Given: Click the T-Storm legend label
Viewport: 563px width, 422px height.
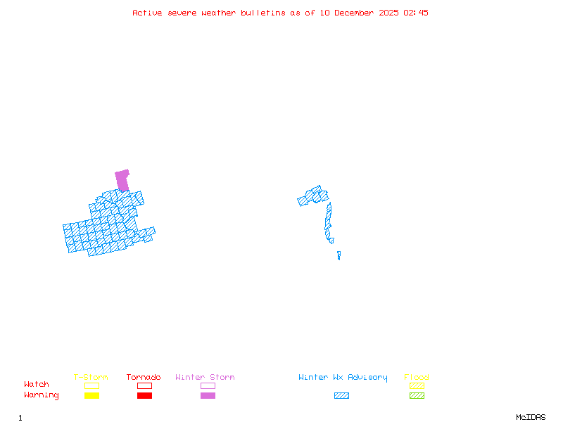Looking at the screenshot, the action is click(91, 378).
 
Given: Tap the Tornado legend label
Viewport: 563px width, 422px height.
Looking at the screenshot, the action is click(144, 378).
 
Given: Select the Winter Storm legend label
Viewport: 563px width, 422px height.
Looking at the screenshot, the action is click(205, 378).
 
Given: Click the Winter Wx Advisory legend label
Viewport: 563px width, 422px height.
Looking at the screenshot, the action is click(343, 378).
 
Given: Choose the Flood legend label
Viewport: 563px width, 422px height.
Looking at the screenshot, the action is click(417, 378).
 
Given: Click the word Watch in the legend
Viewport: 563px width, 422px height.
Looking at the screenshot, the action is click(37, 385).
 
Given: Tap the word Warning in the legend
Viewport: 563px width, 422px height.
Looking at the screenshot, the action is click(42, 395).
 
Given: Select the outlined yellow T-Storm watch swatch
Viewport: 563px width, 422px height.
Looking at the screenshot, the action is click(91, 385).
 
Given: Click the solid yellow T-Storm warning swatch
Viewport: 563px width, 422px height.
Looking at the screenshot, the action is click(91, 395).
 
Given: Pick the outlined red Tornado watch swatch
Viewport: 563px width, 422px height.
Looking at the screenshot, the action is click(144, 385).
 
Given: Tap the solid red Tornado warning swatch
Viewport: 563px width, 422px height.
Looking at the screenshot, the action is click(144, 395).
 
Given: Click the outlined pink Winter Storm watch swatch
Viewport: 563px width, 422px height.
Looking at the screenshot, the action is click(208, 385).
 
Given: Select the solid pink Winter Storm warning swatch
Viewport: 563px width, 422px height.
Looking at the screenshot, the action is click(208, 395).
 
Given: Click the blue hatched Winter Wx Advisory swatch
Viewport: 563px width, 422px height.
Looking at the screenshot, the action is click(341, 395).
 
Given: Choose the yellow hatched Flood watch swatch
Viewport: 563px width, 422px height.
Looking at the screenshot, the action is click(417, 385).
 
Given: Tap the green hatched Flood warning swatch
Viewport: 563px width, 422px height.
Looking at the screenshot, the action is click(417, 395).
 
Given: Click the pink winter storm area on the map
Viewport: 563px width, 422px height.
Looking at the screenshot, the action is click(122, 179).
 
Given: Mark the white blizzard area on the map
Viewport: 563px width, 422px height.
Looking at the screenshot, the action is click(336, 246).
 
